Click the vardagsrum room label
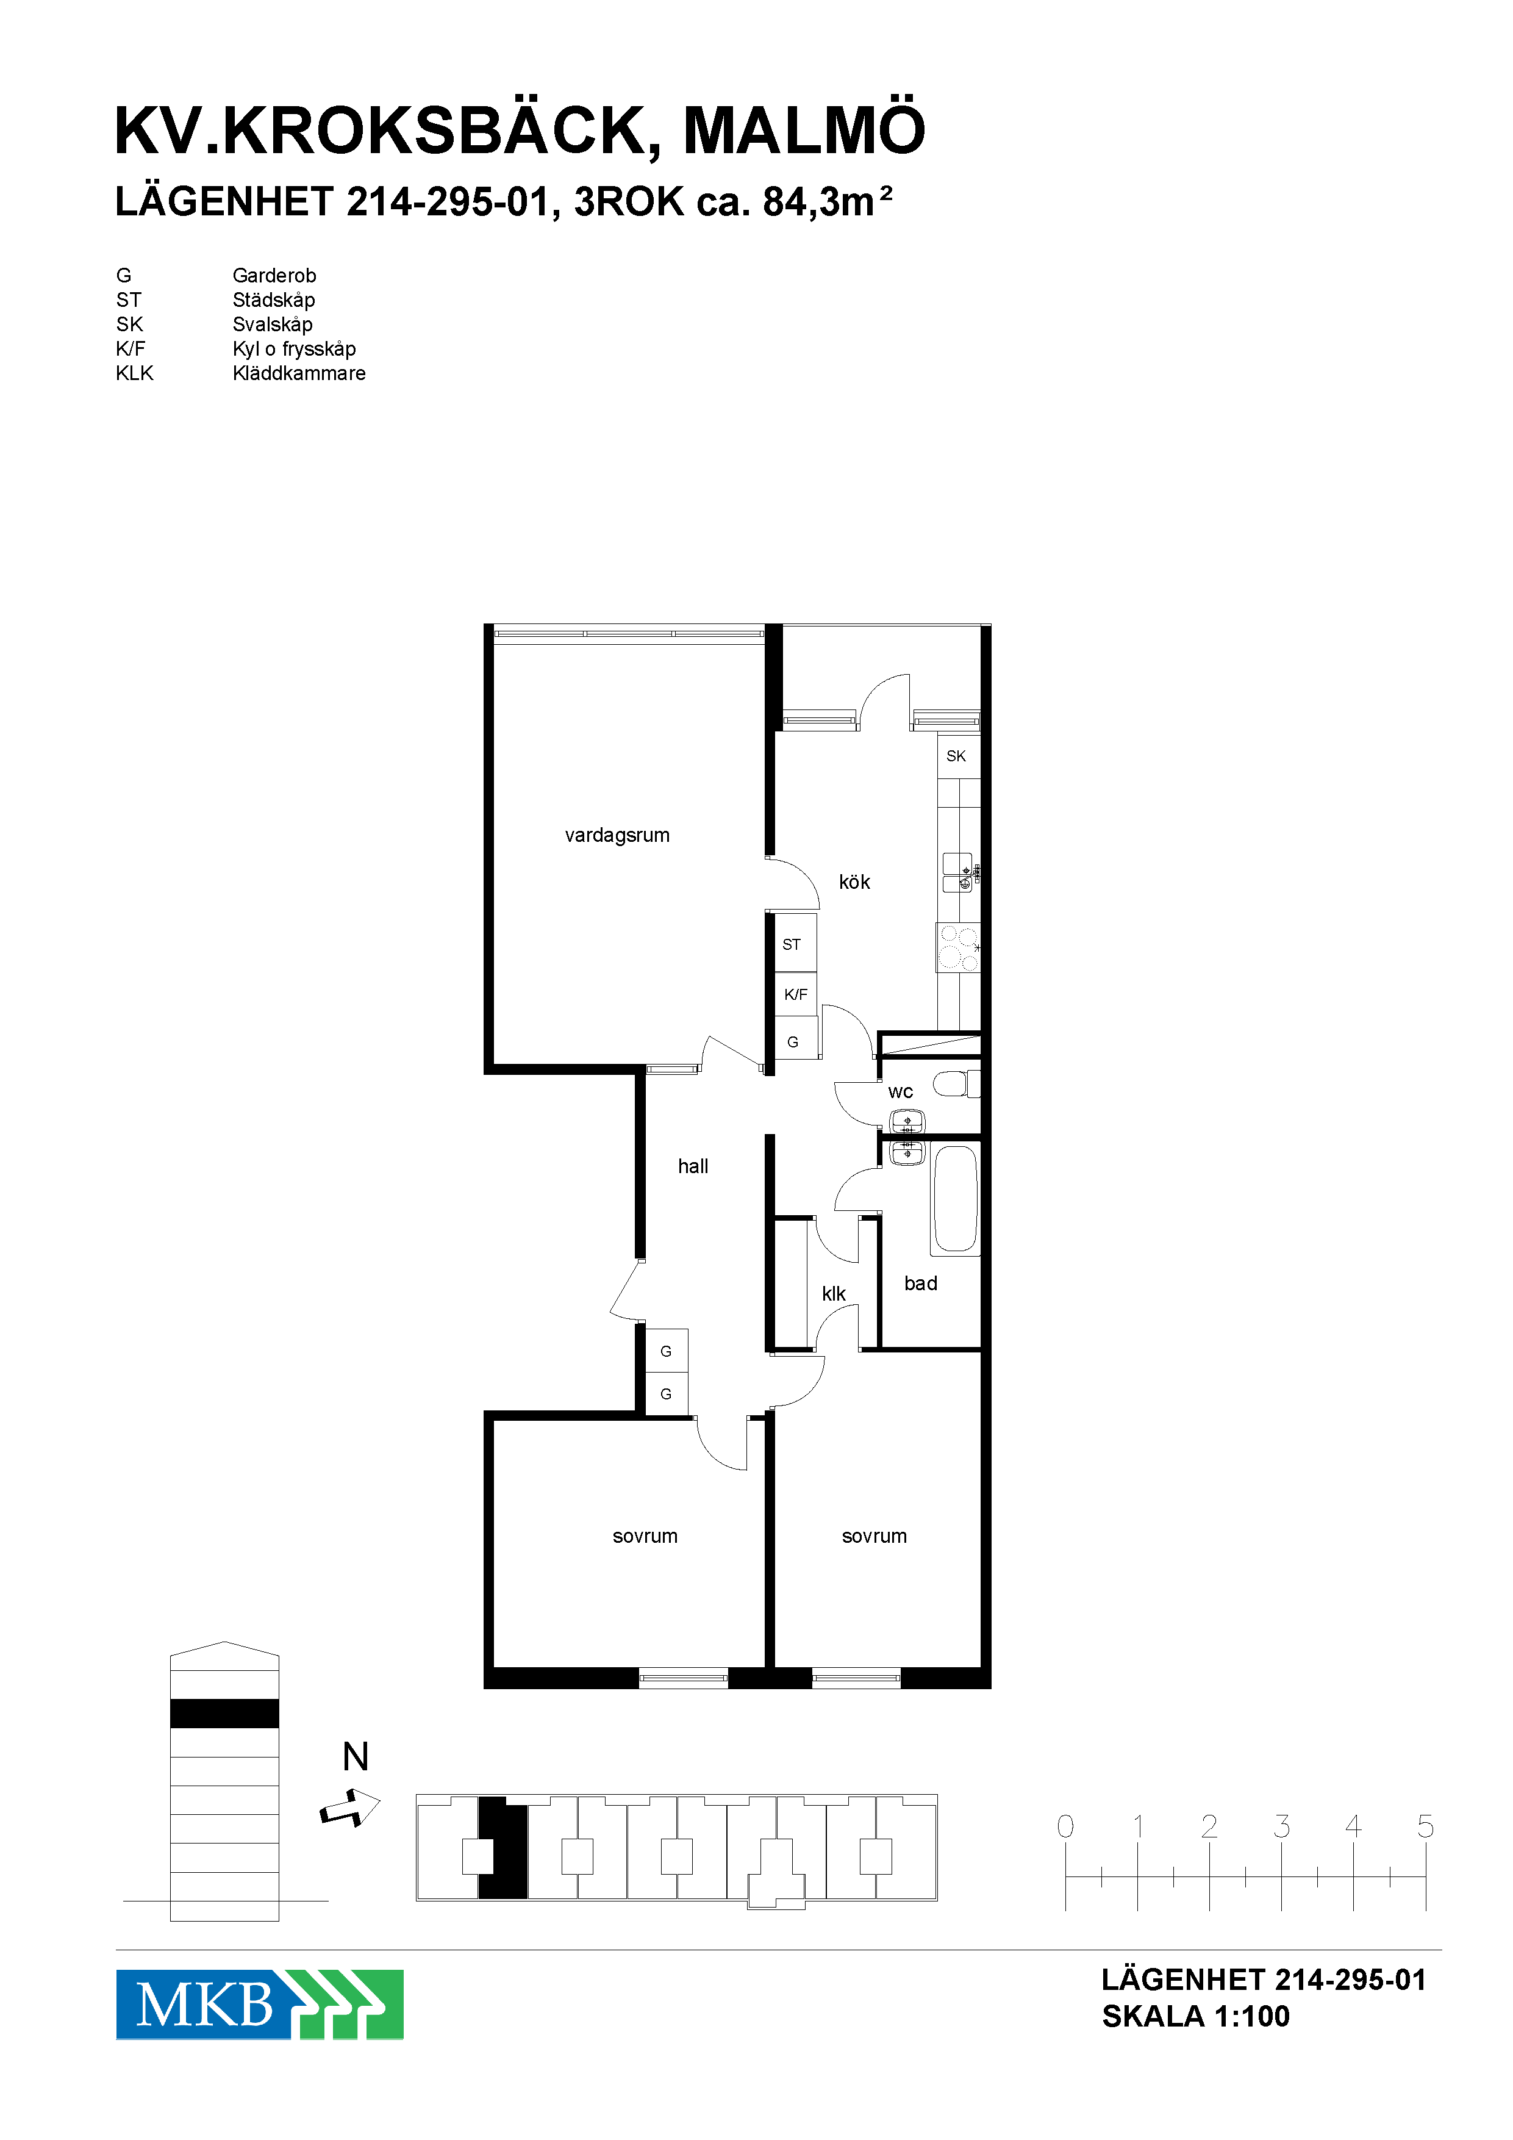pyautogui.click(x=617, y=835)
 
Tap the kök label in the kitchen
pyautogui.click(x=854, y=881)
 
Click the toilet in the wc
pyautogui.click(x=956, y=1084)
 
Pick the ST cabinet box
pyautogui.click(x=796, y=943)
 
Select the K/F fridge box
pyautogui.click(x=796, y=994)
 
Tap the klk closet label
pyautogui.click(x=834, y=1294)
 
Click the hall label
pyautogui.click(x=693, y=1166)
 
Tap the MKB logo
pyautogui.click(x=260, y=2004)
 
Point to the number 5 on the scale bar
pyautogui.click(x=1425, y=1826)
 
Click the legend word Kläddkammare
pyautogui.click(x=299, y=373)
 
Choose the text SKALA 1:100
pyautogui.click(x=1196, y=2017)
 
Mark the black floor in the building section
pyautogui.click(x=224, y=1713)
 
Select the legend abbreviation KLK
pyautogui.click(x=134, y=373)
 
